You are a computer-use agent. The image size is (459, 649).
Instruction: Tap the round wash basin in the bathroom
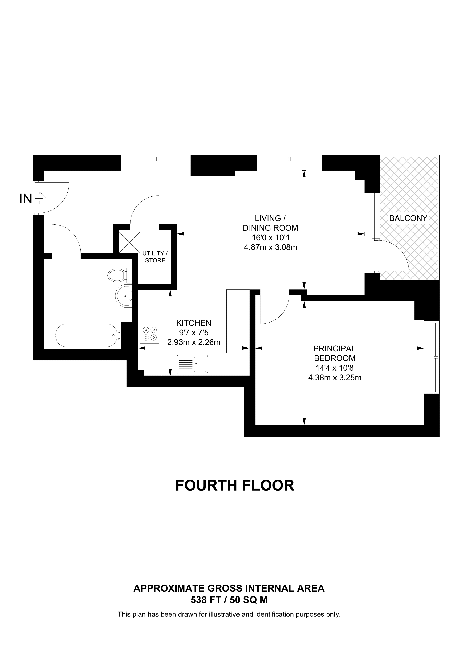coord(124,296)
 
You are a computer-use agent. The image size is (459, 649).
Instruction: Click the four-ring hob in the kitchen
coord(150,334)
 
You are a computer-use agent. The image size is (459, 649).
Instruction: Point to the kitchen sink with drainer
coord(192,364)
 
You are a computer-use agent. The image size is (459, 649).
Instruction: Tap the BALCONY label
coord(408,218)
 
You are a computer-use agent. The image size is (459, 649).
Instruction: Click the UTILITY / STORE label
coord(155,257)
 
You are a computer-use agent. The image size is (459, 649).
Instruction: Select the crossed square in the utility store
coord(130,242)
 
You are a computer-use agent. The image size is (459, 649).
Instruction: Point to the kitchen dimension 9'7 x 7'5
coord(194,332)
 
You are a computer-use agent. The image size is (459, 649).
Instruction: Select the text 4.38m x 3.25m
coord(335,378)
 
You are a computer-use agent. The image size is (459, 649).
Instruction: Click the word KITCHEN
coord(194,323)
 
